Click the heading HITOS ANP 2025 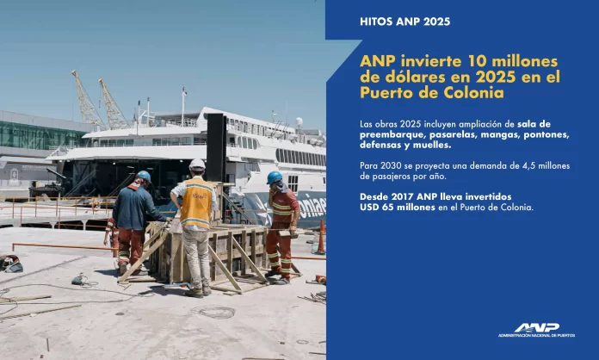pos(405,22)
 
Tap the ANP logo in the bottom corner pos(536,330)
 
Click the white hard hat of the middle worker pos(197,164)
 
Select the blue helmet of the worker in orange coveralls pos(275,177)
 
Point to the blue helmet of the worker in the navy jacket pos(144,176)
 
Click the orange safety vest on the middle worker pos(196,203)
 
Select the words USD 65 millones pos(398,208)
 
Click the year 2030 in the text pos(389,166)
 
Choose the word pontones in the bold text pos(547,135)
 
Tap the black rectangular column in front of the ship pos(216,147)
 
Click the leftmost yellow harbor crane pos(87,100)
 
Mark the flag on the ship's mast pos(185,90)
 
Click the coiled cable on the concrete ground pos(216,312)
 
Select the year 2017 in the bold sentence pos(402,197)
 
